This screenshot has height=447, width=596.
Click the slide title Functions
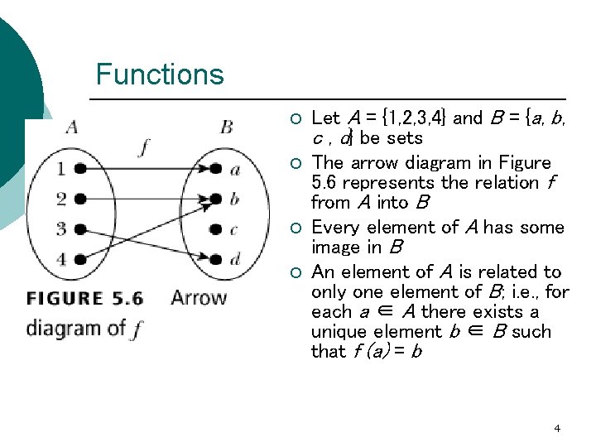tap(160, 74)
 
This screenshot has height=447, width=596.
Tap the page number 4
tap(557, 428)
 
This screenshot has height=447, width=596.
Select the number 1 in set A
tap(60, 169)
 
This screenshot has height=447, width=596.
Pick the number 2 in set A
tap(60, 199)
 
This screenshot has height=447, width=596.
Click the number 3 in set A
tap(60, 229)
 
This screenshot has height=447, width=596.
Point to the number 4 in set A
tap(60, 260)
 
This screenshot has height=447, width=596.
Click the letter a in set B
tap(235, 170)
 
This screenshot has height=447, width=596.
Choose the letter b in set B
tap(235, 199)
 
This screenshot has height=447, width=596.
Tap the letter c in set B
tap(234, 230)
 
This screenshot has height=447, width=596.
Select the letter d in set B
tap(235, 260)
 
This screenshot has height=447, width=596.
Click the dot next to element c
tap(216, 230)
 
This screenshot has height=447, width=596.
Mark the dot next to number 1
tap(79, 169)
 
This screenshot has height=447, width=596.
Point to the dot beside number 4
tap(79, 260)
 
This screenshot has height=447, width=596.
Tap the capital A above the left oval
tap(72, 127)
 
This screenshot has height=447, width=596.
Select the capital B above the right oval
tap(226, 127)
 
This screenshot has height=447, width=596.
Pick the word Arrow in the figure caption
tap(198, 298)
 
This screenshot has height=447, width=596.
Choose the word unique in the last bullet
tap(335, 331)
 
